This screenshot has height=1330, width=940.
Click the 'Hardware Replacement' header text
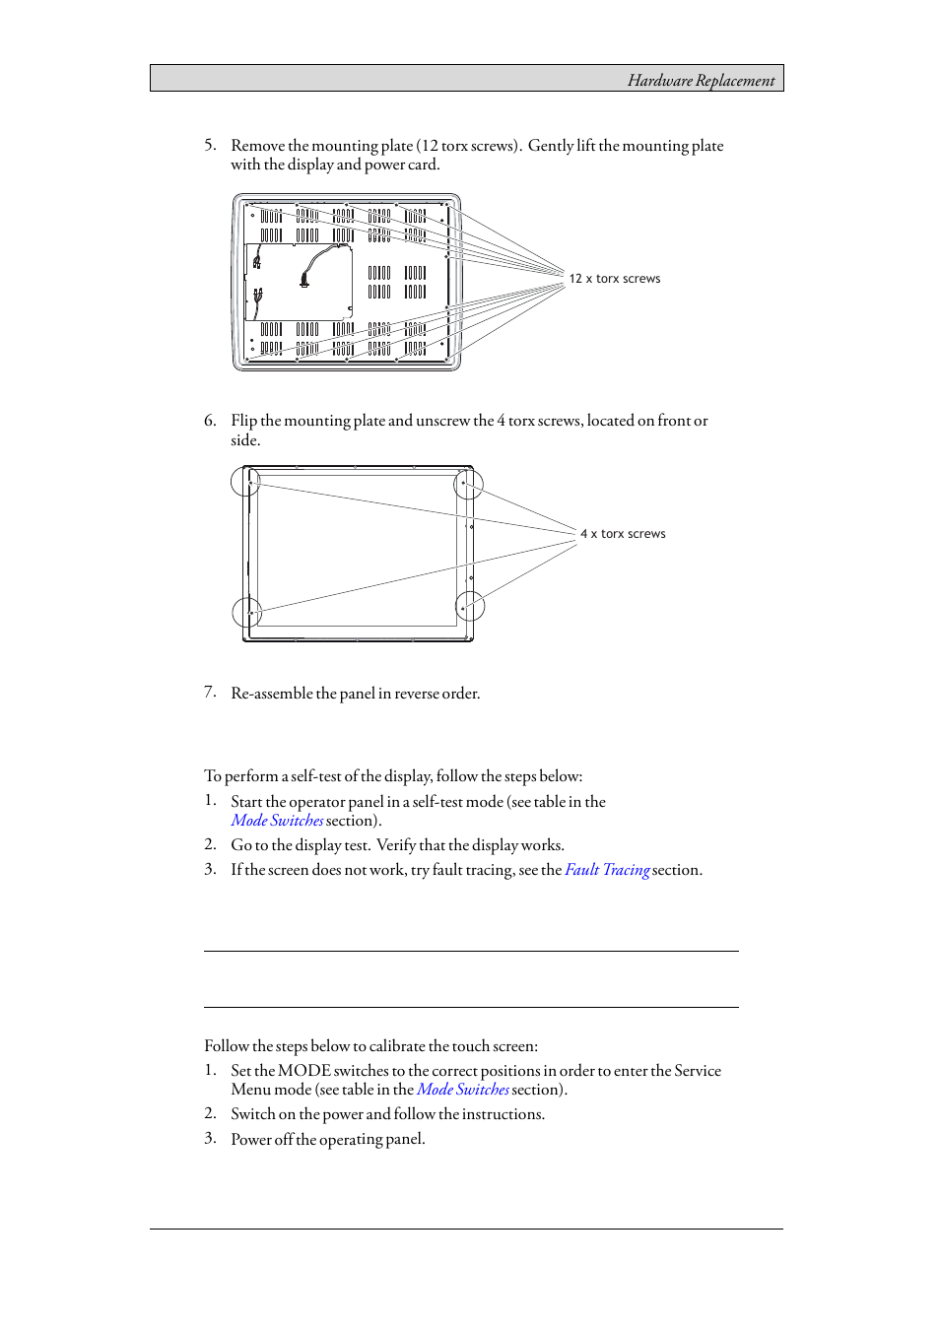coord(701,81)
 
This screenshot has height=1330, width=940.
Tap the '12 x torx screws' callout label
coord(614,279)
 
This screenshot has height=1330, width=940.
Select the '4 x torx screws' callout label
coord(623,534)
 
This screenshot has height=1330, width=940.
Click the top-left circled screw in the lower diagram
coord(246,482)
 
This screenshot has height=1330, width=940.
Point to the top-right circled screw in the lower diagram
coord(468,484)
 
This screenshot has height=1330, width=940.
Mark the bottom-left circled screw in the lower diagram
coord(247,613)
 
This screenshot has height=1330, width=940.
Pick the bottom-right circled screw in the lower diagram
coord(469,607)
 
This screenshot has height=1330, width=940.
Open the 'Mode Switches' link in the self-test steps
coord(277,821)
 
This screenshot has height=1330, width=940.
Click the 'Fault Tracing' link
coord(607,870)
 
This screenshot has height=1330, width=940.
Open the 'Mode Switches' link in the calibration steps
coord(462,1090)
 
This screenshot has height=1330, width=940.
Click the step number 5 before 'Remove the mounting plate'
coord(210,145)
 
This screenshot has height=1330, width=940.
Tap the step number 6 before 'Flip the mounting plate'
coord(210,421)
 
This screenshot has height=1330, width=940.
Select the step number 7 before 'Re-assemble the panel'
coord(210,693)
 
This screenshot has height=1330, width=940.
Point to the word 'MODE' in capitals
coord(303,1071)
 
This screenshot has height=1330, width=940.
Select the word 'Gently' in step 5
coord(550,146)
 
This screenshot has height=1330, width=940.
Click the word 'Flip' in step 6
coord(243,421)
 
